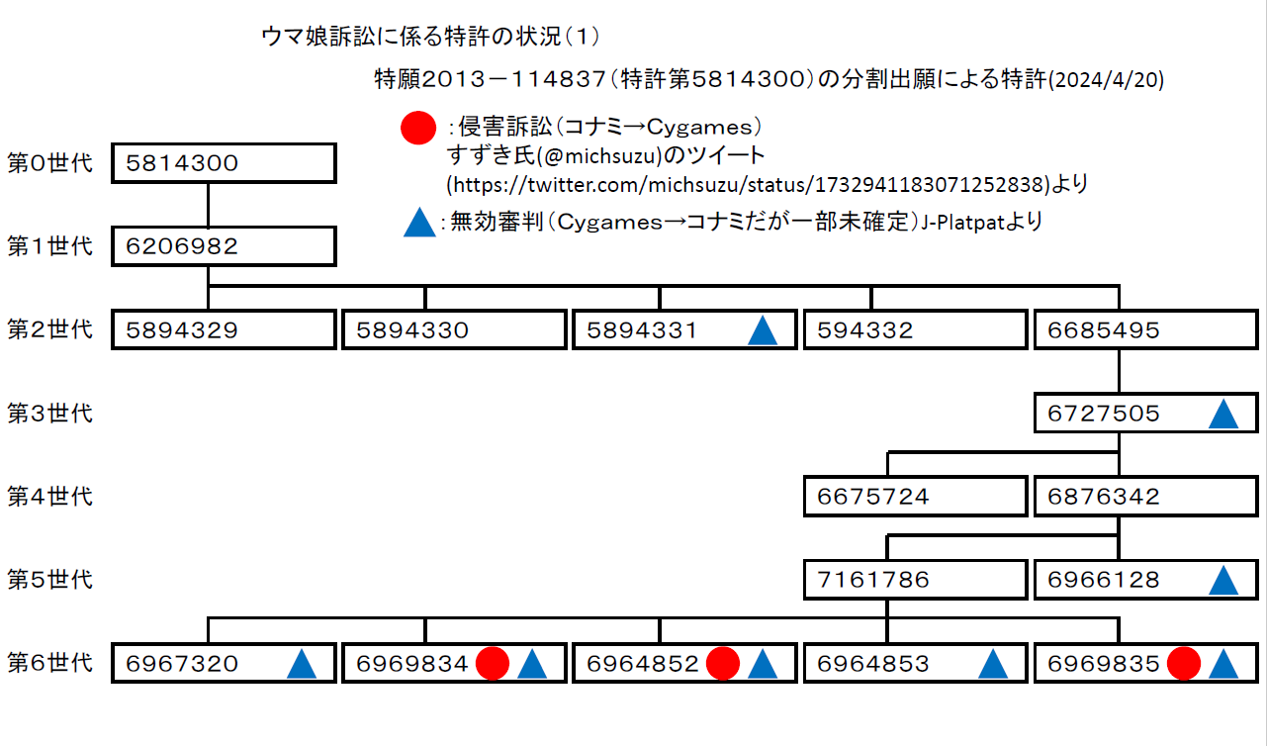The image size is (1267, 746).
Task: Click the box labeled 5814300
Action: coord(224,164)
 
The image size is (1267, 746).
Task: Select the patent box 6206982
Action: coord(224,246)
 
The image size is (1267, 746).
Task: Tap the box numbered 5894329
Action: coord(224,330)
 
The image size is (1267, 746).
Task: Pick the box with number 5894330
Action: coord(454,330)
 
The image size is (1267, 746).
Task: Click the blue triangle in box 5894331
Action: coord(763,330)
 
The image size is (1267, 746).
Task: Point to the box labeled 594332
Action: coord(915,330)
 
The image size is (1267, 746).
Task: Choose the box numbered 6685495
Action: coord(1146,330)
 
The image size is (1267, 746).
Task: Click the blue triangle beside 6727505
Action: coord(1223,414)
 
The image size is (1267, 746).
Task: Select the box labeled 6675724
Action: coord(915,497)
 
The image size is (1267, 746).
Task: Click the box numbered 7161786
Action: coord(915,580)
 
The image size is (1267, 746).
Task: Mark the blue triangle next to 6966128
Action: coord(1223,580)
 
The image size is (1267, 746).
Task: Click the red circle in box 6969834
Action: coord(493,664)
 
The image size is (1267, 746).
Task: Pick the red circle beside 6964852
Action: coord(723,664)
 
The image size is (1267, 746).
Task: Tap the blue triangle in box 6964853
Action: coord(992,664)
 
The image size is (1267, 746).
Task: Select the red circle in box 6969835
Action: coord(1184,664)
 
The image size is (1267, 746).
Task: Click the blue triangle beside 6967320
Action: coord(302,664)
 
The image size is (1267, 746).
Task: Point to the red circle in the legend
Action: coord(417,128)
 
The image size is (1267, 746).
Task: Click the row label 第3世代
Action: coord(49,413)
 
